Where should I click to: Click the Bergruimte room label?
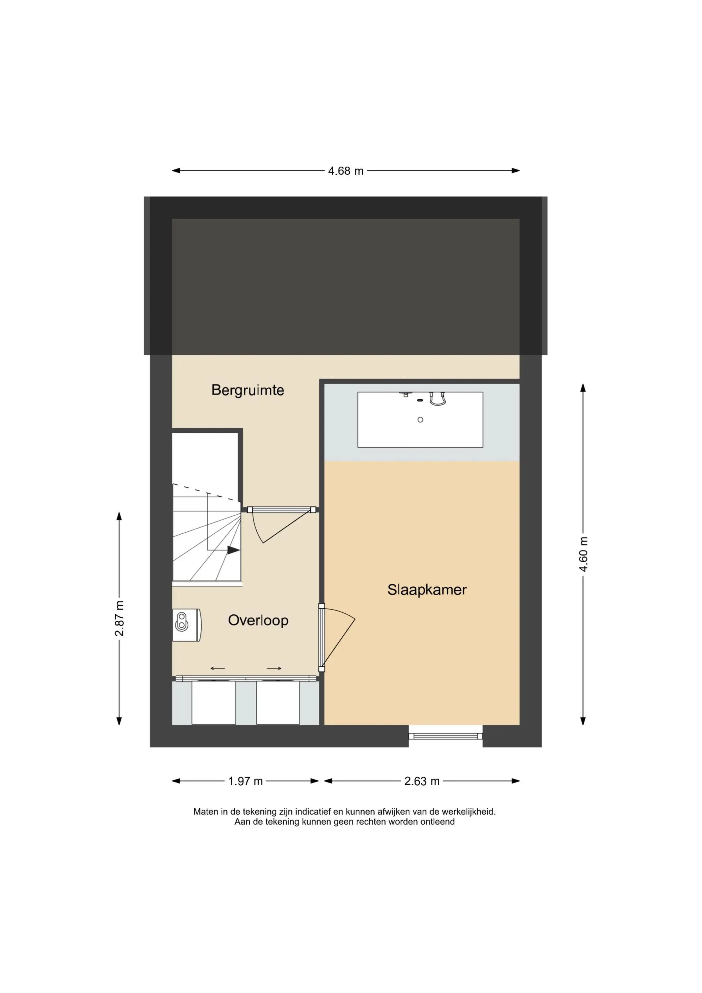point(248,390)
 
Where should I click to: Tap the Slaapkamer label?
point(427,590)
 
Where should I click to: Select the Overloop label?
point(258,621)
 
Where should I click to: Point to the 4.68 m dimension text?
point(346,171)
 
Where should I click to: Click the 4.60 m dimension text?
point(584,554)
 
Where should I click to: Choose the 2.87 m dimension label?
point(119,618)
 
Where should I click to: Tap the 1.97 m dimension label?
point(245,781)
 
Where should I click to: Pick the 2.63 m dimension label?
point(422,781)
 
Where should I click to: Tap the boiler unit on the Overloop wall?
point(187,625)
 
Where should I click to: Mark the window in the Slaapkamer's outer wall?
point(445,736)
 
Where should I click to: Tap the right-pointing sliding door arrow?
point(274,668)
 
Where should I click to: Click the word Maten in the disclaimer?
point(206,812)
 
